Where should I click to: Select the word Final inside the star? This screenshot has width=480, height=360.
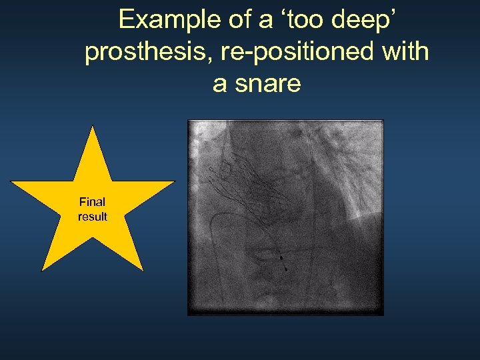(92, 202)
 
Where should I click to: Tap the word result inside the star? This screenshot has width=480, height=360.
(92, 217)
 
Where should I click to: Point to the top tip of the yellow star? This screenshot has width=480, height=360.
(93, 126)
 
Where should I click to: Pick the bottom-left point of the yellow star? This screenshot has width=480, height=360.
(42, 270)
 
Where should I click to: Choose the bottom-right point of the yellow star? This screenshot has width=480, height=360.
(143, 270)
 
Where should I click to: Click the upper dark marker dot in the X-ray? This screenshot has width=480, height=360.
(281, 257)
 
